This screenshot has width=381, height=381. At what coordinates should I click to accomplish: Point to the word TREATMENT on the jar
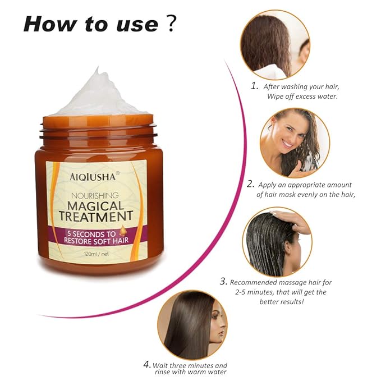click(97, 217)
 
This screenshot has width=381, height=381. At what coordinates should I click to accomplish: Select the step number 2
click(250, 183)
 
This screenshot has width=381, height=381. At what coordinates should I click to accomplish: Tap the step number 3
click(223, 282)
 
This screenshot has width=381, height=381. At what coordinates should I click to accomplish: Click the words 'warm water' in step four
click(208, 371)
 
